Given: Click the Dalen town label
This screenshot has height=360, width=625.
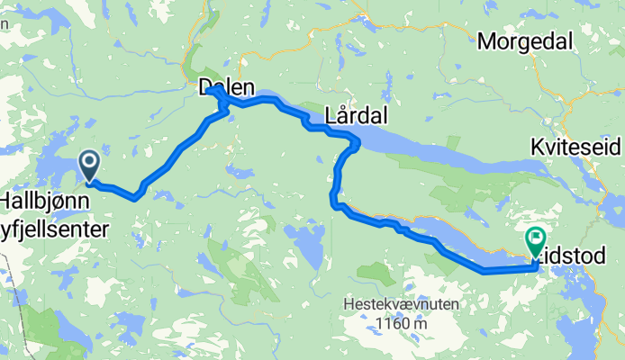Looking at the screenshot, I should pos(226,87).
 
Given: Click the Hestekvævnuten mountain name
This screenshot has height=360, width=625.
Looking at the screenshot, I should pos(401,305).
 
